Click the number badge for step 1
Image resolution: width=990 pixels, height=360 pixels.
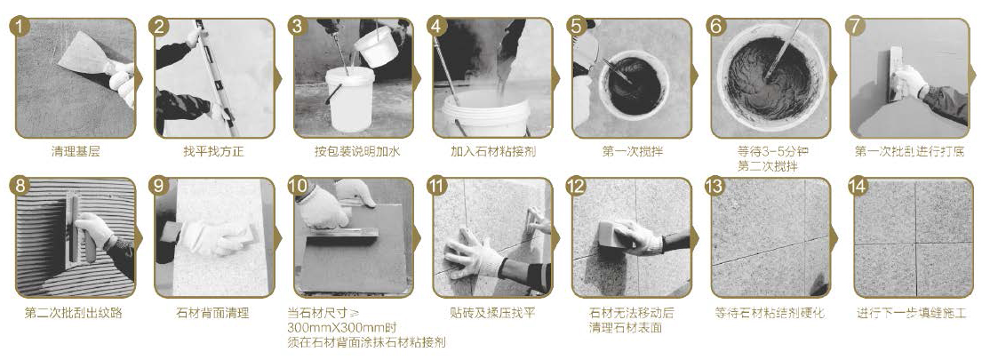click(20, 26)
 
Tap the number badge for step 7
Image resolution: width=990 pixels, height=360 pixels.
click(857, 26)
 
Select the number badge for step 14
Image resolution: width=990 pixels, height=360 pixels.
click(857, 186)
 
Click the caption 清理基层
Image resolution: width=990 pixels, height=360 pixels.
click(76, 152)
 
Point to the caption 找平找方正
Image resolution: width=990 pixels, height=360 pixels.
click(214, 152)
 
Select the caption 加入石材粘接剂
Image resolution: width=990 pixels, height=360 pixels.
click(493, 152)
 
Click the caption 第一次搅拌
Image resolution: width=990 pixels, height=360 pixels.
click(632, 152)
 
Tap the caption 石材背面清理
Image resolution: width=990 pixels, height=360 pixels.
click(214, 313)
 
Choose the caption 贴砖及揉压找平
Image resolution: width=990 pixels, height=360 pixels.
click(493, 313)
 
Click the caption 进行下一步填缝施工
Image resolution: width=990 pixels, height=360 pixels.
click(911, 313)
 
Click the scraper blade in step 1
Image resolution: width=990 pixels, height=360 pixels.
click(83, 52)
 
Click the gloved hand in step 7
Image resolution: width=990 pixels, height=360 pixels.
click(911, 82)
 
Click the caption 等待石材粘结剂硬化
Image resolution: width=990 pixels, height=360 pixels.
click(770, 313)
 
